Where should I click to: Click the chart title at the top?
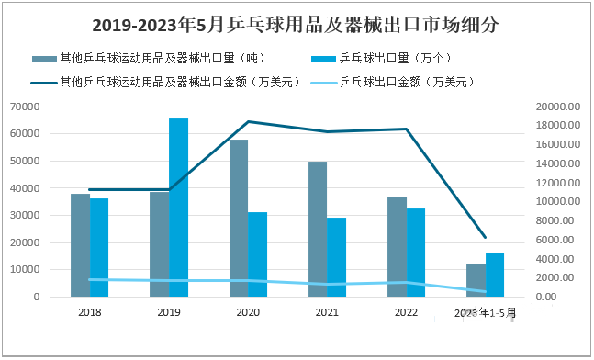[x=297, y=25]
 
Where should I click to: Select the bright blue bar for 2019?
[x=178, y=208]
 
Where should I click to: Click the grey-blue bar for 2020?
[x=239, y=219]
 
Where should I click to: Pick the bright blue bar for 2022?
[x=416, y=253]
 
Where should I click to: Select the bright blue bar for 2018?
[x=99, y=248]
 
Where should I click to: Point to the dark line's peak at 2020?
[x=248, y=121]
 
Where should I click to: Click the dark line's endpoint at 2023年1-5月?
[x=485, y=238]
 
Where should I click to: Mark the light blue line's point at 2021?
[x=327, y=284]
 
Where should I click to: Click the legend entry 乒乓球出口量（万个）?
[x=395, y=59]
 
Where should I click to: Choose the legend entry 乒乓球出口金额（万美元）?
[x=406, y=81]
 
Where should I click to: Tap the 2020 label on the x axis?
[x=248, y=313]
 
